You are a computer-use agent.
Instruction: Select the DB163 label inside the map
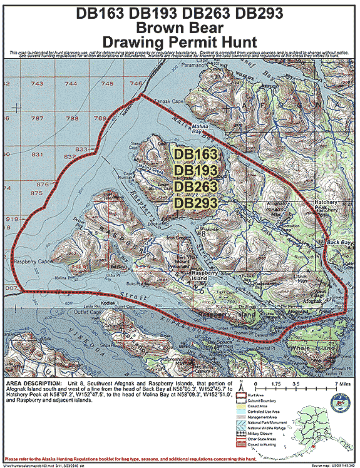tap(196, 154)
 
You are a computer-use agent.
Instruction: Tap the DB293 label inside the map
tap(196, 203)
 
